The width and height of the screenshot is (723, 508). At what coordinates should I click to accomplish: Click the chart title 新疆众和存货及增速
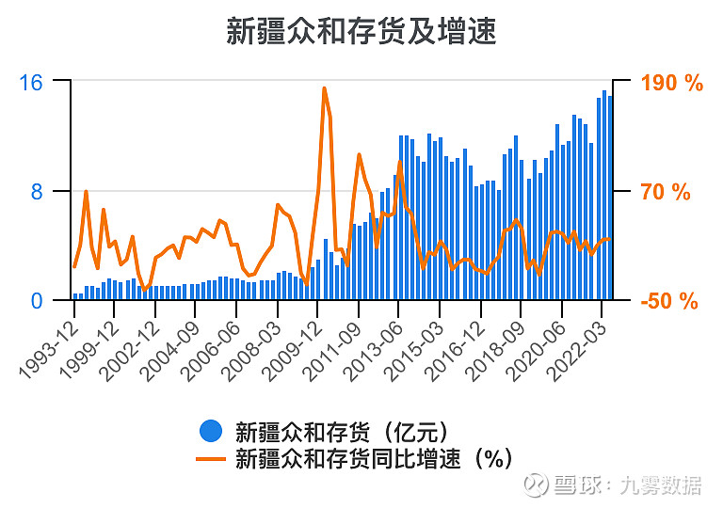point(361,31)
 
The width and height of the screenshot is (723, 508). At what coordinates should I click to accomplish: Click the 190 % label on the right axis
point(672,83)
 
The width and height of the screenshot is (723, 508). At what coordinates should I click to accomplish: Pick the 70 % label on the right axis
point(666,193)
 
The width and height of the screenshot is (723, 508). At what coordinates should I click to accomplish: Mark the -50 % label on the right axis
point(669,301)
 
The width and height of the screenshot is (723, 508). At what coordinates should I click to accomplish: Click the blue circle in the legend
point(211,432)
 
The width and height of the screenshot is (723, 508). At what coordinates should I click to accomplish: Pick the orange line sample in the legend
point(211,458)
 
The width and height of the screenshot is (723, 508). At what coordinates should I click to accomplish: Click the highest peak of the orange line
point(324,88)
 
